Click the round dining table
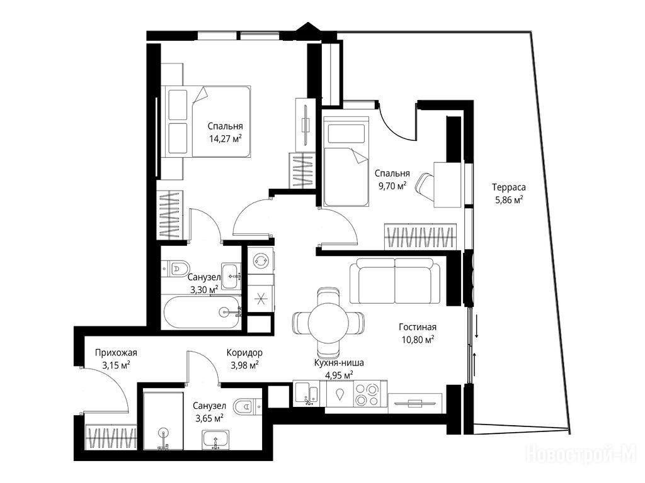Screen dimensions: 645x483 (328, 322)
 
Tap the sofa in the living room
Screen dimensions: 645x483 (395, 280)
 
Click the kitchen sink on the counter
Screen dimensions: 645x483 (307, 394)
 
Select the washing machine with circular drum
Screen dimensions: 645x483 (260, 260)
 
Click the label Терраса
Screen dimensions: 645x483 (509, 187)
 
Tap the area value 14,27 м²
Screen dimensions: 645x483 (225, 138)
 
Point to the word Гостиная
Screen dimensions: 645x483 (418, 327)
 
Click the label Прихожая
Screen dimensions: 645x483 (116, 352)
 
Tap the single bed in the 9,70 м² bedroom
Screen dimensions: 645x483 (346, 161)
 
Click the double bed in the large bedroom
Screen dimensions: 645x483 (206, 121)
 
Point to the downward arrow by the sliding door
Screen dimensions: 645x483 (477, 326)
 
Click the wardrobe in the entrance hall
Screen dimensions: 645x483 (111, 438)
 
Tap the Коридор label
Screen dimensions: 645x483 (244, 352)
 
